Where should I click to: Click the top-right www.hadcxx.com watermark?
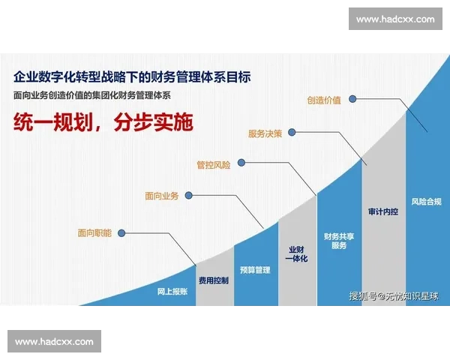395,19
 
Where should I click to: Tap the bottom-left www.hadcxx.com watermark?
54,341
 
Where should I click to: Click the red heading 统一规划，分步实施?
101,122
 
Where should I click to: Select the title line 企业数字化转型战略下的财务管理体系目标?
131,76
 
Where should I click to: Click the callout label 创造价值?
323,99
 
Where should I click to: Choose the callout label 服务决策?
265,133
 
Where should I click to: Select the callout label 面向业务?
162,196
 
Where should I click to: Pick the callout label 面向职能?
94,233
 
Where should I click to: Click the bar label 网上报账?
172,290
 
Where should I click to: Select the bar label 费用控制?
214,280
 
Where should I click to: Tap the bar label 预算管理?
255,269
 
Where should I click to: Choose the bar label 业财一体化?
297,253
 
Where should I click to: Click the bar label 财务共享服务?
339,241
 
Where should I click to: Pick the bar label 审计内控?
382,212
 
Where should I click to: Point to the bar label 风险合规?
425,201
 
